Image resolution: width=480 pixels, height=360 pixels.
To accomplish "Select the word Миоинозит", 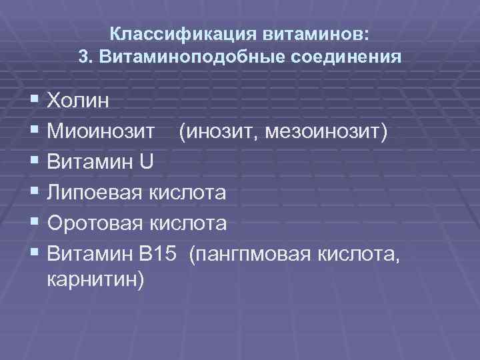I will point(101,131).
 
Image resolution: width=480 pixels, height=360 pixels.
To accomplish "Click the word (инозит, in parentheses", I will point(218,131).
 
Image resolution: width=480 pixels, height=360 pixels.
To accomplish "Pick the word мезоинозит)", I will point(327,131).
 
